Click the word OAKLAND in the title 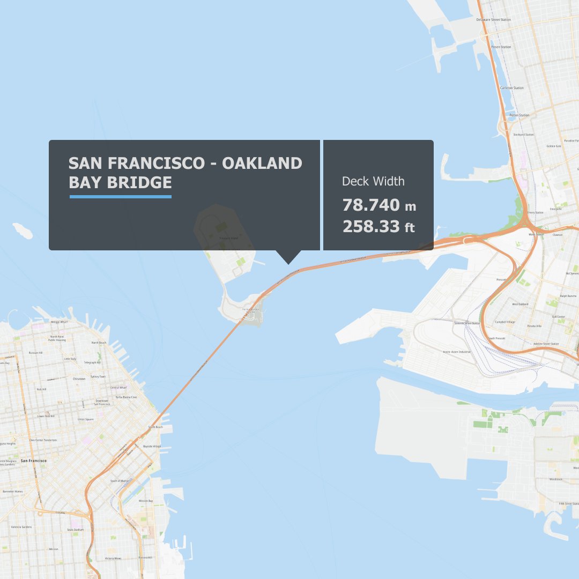262,163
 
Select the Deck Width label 373,181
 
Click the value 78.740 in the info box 371,205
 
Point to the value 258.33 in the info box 371,226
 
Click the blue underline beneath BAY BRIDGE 121,197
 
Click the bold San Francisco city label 33,461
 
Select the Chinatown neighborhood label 79,378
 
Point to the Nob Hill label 41,389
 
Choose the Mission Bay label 146,501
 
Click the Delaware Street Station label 494,20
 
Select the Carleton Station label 512,88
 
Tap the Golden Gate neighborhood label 554,146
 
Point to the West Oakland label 520,304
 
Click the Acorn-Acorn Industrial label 456,352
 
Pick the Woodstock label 556,479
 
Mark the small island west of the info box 22,230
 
